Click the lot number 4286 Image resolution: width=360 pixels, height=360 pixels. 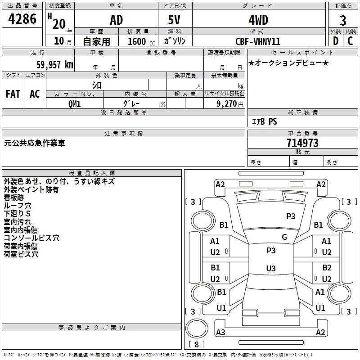coord(22,19)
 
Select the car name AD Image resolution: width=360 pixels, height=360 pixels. coord(116,20)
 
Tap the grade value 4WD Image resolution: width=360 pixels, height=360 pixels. coord(258,20)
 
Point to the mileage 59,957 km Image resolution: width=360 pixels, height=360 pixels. coord(52,65)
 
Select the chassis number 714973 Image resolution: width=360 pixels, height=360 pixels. coord(302,143)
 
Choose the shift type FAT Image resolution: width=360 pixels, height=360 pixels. coord(13,94)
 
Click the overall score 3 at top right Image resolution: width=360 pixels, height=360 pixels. coord(343,20)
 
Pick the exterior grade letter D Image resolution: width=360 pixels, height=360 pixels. coord(335,41)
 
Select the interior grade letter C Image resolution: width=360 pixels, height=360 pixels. coord(351,41)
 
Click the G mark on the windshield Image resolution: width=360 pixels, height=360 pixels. coord(284,237)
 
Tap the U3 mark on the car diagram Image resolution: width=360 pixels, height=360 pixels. coord(270,269)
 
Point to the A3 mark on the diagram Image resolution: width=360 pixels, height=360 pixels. coord(220,333)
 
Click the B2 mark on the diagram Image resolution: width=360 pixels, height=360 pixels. coord(327,268)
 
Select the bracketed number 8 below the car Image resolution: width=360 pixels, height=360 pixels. coord(196,345)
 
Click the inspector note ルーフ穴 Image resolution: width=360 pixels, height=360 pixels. coord(18,206)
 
